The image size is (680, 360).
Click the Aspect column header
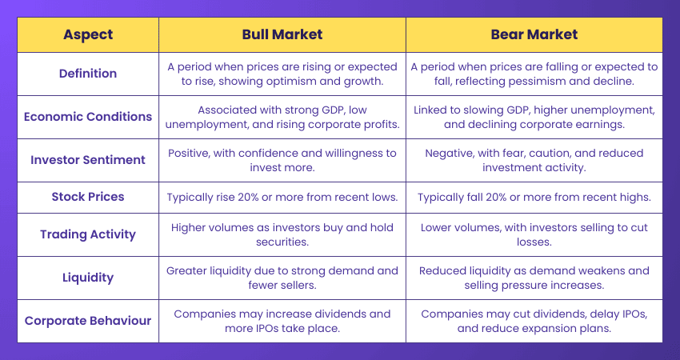coord(88,35)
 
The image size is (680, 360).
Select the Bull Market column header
coord(282,35)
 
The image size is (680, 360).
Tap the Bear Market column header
coord(534,35)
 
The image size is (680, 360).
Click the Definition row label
coord(88,74)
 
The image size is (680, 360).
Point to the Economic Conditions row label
coord(88,117)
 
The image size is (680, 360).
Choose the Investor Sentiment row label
coord(88,160)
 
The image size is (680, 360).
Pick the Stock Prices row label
coord(88,197)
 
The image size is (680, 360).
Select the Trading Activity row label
coord(88,234)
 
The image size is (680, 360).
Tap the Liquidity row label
coord(88,278)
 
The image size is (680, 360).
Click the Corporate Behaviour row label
coord(88,321)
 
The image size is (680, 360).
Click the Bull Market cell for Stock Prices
coord(282,197)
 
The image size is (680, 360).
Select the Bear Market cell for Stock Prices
coord(534,197)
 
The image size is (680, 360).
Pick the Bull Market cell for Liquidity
coord(282,278)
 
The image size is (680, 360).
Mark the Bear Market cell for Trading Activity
coord(534,234)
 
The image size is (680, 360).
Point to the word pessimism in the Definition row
coord(530,82)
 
